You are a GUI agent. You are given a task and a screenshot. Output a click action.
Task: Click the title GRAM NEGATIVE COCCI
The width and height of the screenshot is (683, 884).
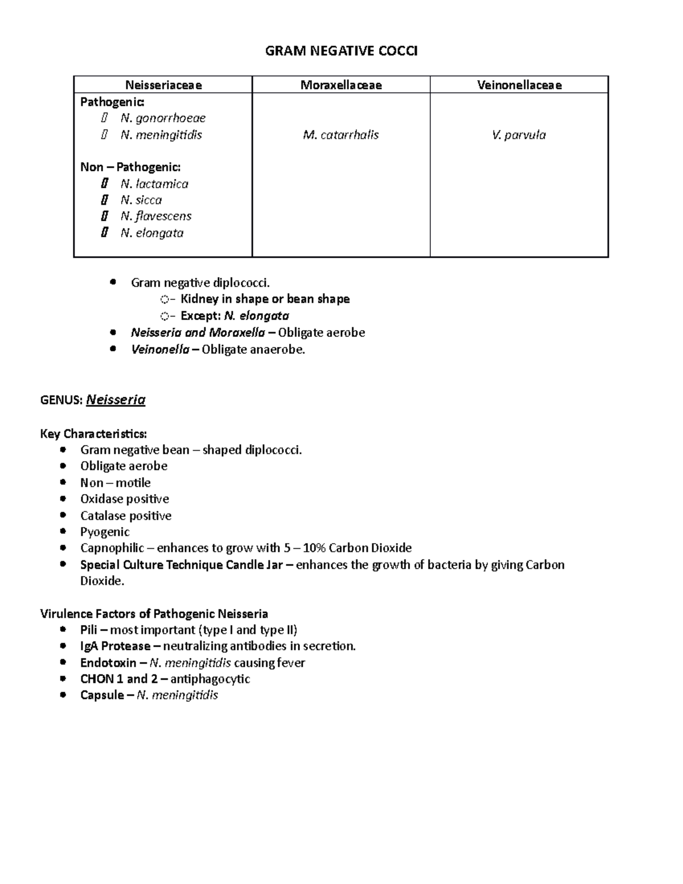tap(341, 51)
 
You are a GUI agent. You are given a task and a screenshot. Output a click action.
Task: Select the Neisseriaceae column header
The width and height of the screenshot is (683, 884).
tap(163, 85)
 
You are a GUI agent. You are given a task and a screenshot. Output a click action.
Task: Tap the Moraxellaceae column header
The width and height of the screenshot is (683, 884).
tap(341, 85)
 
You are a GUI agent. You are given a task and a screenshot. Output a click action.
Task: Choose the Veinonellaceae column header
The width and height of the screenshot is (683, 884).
tap(519, 85)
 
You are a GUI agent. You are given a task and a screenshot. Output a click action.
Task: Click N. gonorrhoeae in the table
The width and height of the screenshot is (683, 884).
tap(163, 118)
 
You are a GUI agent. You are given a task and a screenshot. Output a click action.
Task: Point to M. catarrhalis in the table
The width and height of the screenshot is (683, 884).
tap(341, 135)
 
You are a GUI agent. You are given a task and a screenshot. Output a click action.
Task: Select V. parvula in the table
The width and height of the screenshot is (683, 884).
tap(519, 135)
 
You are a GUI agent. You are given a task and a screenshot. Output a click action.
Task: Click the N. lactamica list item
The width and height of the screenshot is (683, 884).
tap(154, 184)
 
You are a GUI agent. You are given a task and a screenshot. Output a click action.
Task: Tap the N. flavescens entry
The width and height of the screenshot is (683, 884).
tap(156, 216)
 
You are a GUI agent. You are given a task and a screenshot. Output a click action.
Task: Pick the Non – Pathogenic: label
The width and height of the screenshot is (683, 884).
tap(130, 167)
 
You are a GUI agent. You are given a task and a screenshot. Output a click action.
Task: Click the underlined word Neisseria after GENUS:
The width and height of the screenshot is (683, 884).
tap(116, 400)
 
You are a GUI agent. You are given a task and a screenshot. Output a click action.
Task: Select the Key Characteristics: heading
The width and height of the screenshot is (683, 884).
tap(93, 434)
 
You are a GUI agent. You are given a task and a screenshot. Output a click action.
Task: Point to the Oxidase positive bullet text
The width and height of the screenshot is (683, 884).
tap(125, 499)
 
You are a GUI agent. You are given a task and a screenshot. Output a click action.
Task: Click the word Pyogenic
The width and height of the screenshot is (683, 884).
tap(105, 532)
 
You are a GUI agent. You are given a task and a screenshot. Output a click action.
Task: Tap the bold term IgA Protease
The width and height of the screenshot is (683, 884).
tap(115, 646)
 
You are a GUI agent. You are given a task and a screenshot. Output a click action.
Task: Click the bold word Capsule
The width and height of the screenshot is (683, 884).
tap(102, 695)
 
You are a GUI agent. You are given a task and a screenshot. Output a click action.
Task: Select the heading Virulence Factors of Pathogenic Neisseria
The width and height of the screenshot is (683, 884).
tap(154, 614)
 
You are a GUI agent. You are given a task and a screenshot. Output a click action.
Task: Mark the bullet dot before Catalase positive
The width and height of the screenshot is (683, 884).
tap(63, 516)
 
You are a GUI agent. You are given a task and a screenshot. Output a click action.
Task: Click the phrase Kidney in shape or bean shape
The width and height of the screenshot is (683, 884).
tap(265, 299)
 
